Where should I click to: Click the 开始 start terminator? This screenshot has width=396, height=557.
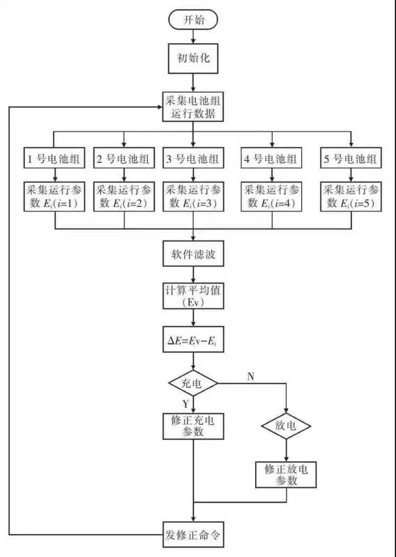(193, 19)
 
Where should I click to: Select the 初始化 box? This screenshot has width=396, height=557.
(193, 58)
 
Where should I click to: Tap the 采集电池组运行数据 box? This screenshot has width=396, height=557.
(193, 107)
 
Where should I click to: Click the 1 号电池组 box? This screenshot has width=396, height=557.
(54, 158)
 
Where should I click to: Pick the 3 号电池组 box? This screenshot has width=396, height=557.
(193, 158)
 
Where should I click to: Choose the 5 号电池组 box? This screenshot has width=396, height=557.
(351, 158)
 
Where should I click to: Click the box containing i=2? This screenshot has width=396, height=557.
(124, 196)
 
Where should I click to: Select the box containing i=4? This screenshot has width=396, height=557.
(272, 196)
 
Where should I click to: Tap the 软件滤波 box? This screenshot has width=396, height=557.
(193, 253)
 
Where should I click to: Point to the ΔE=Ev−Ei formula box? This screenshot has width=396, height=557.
(193, 340)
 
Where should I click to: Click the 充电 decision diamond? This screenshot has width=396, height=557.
(192, 384)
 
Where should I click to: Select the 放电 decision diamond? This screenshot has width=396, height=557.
(286, 425)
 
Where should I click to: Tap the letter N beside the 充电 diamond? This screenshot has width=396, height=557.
(250, 377)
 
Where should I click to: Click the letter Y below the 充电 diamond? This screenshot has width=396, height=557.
(185, 404)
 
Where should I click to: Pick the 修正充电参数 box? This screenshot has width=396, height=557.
(193, 426)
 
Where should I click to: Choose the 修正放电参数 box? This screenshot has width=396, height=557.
(286, 475)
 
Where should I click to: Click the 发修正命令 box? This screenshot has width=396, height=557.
(193, 535)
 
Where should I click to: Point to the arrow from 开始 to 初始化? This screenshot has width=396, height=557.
(193, 37)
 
